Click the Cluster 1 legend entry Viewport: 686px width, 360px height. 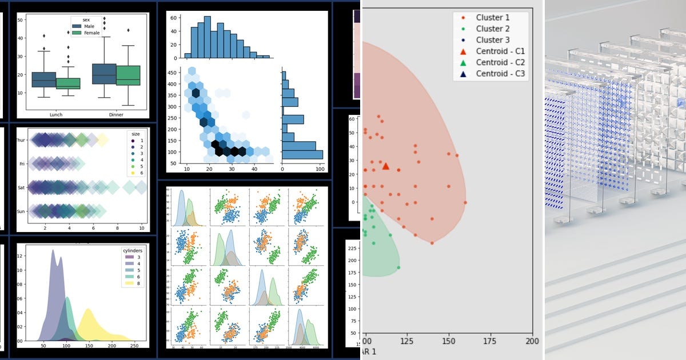[x=492, y=17]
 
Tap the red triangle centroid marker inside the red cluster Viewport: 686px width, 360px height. [x=385, y=166]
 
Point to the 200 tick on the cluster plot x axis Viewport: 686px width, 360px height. [x=532, y=341]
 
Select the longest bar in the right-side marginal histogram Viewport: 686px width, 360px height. [x=303, y=154]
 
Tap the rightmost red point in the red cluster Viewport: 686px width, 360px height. [x=465, y=202]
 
